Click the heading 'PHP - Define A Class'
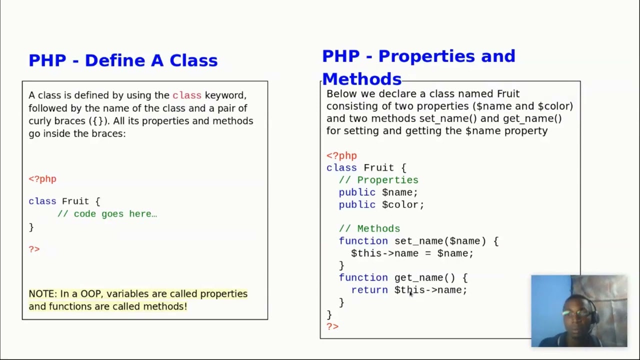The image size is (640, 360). tap(123, 60)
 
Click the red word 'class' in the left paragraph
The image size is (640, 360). tap(186, 95)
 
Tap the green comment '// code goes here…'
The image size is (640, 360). tap(107, 213)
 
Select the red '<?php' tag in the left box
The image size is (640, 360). tap(42, 179)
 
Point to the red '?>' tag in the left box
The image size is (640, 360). tap(34, 249)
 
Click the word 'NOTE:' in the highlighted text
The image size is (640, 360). tap(43, 293)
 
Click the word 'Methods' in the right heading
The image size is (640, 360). tap(361, 79)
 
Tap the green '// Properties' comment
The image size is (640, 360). tap(378, 180)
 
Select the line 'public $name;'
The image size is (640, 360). tap(378, 192)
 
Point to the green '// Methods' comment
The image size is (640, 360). tap(369, 228)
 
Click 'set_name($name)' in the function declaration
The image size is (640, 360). tap(440, 241)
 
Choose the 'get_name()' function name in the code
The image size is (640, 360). tap(424, 277)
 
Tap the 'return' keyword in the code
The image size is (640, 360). tap(369, 290)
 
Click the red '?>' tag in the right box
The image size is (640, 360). tap(332, 326)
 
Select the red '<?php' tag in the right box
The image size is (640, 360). tap(341, 155)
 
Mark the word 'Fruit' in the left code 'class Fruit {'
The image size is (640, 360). tap(75, 201)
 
